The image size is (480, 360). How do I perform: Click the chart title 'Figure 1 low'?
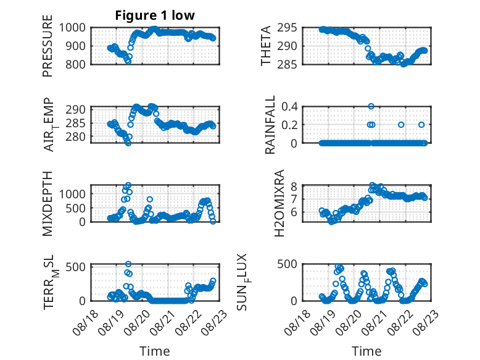point(155,15)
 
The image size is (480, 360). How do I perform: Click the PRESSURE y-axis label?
point(48,46)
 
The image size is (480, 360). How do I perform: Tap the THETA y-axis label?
point(266,46)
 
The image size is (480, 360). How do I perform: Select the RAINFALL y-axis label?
point(270,125)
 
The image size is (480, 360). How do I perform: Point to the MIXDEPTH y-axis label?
point(48,204)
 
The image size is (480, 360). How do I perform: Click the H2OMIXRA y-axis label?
point(279,203)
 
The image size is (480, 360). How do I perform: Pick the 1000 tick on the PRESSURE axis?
point(72,28)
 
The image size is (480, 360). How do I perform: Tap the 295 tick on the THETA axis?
point(287,28)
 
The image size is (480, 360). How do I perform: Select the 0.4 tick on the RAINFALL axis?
point(289,107)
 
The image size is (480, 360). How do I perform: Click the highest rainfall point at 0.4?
point(371,106)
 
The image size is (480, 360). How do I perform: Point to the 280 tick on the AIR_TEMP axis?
point(76,136)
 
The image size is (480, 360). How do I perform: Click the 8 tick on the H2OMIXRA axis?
point(294,186)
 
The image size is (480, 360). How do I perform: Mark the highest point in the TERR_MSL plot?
point(128,264)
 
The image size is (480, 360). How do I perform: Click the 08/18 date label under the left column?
point(85,322)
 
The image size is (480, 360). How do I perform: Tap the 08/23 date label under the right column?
point(426,322)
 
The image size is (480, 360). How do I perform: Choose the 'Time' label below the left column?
point(155,351)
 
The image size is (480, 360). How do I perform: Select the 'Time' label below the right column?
point(366,351)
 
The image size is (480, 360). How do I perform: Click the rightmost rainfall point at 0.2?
point(421,125)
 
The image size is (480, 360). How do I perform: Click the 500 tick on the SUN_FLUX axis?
point(287,264)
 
